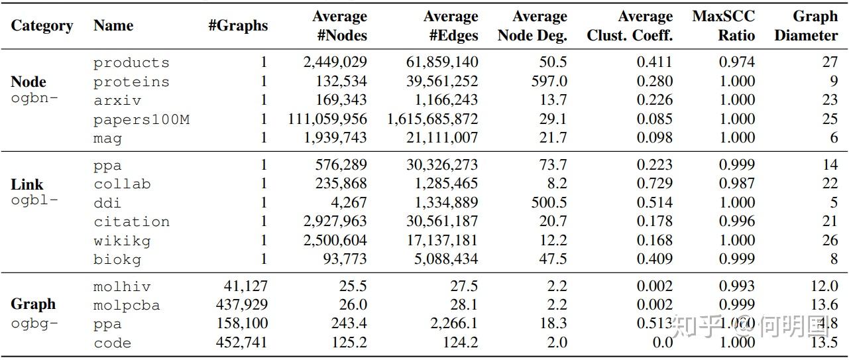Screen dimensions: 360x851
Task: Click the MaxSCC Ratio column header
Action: [723, 25]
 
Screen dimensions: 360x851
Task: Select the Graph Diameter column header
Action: [805, 25]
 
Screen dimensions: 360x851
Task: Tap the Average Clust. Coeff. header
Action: [629, 25]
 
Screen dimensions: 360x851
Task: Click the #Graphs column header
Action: [238, 26]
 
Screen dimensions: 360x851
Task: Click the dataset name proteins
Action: [131, 82]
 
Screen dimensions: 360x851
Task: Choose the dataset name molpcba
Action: [127, 306]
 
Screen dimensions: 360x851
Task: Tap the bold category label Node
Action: [28, 82]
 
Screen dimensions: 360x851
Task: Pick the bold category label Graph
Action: [33, 304]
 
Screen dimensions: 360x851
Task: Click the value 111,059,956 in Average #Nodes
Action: [327, 119]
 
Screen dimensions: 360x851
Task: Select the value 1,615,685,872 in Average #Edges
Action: [433, 119]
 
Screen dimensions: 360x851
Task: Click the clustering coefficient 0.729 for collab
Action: [654, 184]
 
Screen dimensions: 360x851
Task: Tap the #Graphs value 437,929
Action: [242, 305]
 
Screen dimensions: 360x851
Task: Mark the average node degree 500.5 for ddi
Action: [549, 203]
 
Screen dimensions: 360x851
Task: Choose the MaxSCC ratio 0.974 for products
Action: [736, 62]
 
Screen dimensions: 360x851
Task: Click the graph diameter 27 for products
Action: [829, 62]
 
